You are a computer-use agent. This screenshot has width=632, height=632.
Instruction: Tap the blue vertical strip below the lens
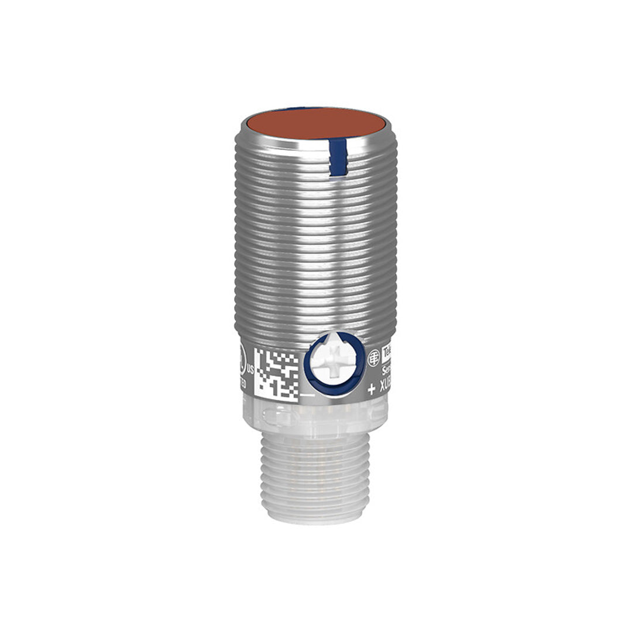(x=338, y=156)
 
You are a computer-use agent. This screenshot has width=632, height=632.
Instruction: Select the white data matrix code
(x=276, y=373)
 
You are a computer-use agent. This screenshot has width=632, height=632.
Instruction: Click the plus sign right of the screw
(x=371, y=390)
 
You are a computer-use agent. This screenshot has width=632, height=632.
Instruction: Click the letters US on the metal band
(x=250, y=369)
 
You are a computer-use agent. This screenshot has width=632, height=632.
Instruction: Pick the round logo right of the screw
(x=373, y=358)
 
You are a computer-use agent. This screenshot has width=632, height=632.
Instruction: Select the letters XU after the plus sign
(x=384, y=390)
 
